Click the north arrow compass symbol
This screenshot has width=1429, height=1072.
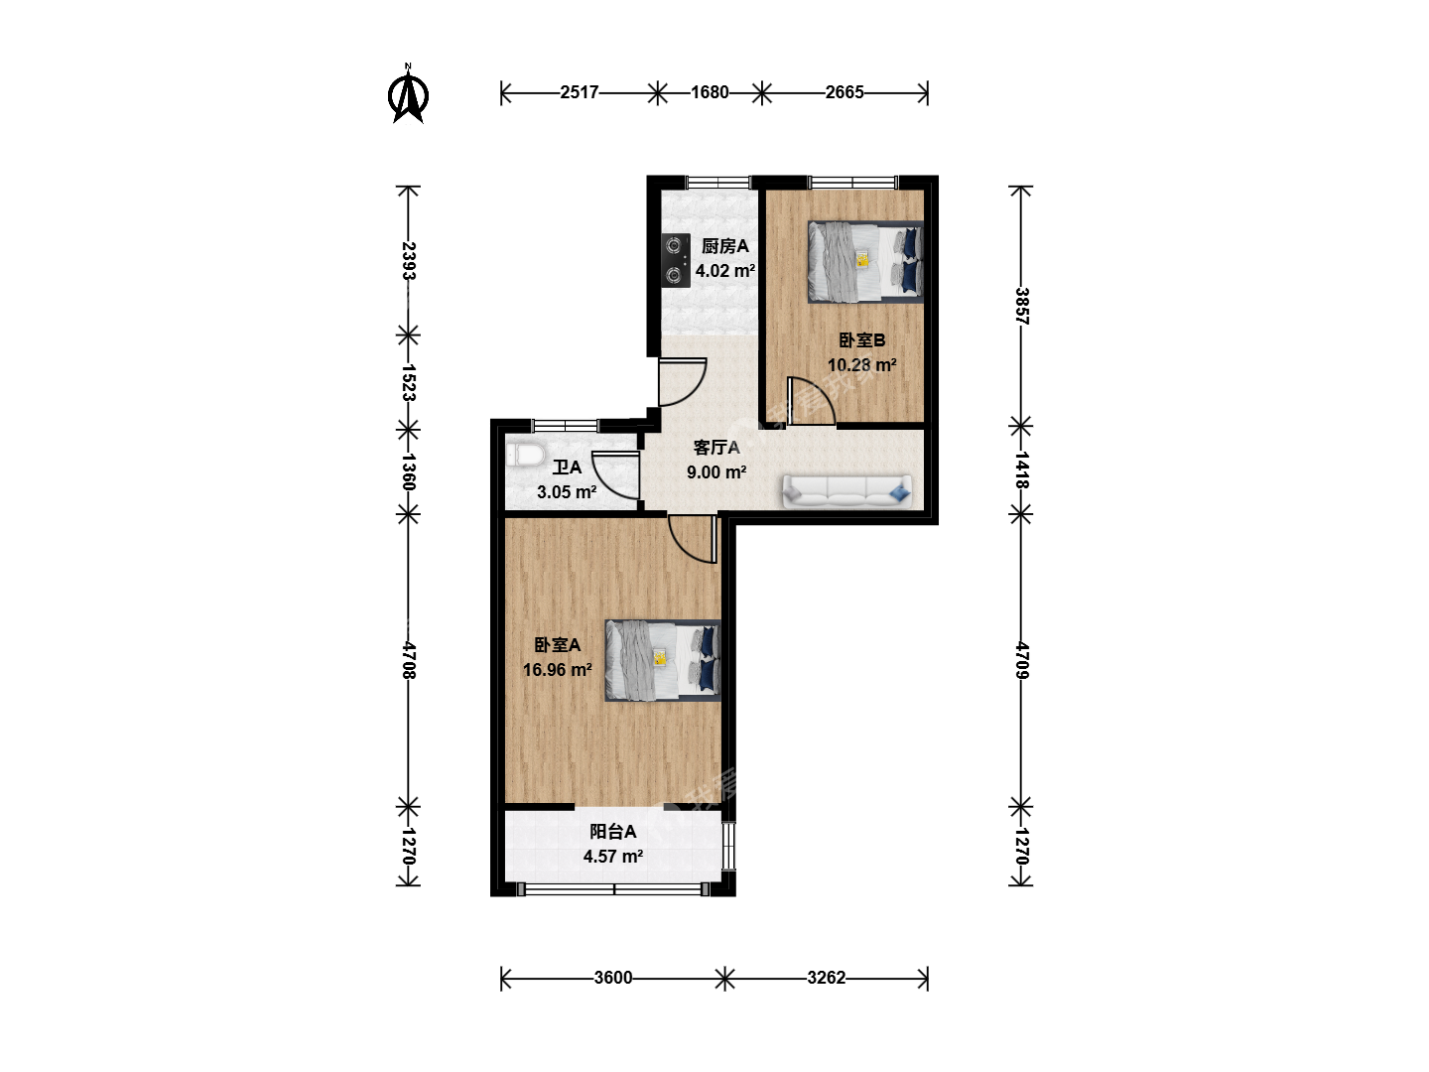click(x=408, y=94)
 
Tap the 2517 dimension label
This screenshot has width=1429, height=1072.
click(x=579, y=92)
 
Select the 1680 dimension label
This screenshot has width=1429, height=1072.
click(x=710, y=92)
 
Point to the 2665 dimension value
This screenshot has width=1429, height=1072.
click(x=844, y=92)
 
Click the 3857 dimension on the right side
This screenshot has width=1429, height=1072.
click(x=1021, y=306)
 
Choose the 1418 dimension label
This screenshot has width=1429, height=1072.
click(x=1021, y=469)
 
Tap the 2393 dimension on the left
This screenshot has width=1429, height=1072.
click(x=408, y=260)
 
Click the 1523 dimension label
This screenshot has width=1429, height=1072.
click(x=408, y=382)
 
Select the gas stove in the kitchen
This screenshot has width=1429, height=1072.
click(x=676, y=260)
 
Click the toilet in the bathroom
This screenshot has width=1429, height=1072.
click(x=525, y=455)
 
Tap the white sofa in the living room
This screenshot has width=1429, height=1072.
click(x=846, y=491)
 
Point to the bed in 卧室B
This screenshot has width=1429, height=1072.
click(x=866, y=262)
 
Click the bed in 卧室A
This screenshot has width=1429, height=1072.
click(x=663, y=660)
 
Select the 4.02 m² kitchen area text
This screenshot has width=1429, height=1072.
click(x=724, y=271)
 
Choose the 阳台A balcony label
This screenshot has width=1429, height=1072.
click(x=612, y=831)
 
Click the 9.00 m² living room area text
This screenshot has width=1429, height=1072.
click(x=716, y=471)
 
